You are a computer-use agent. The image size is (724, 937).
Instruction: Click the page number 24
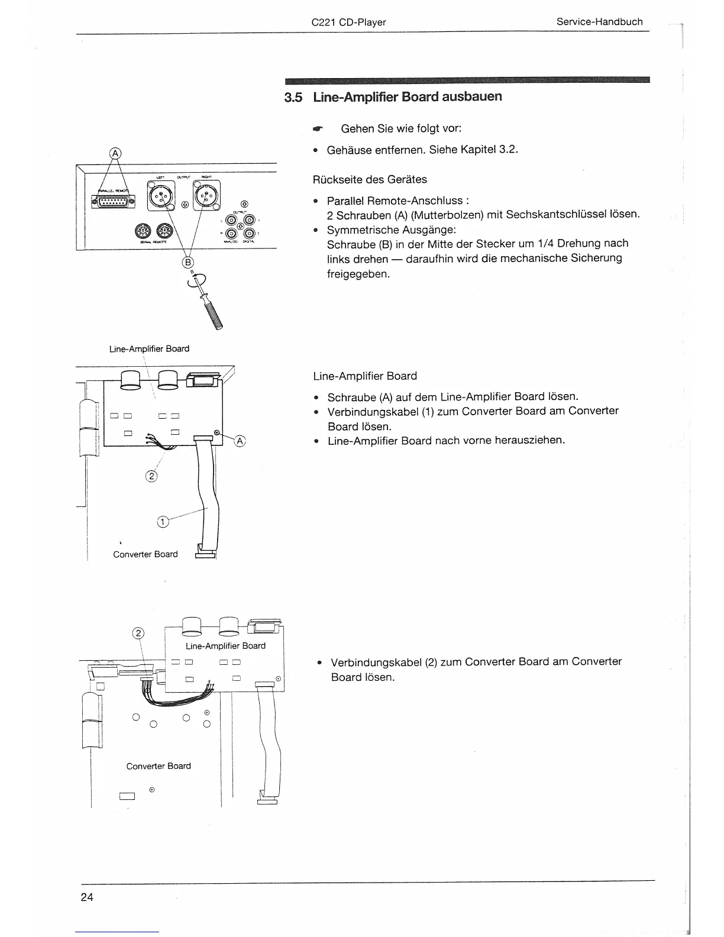(87, 897)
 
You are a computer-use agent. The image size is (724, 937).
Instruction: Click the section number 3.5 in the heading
(293, 97)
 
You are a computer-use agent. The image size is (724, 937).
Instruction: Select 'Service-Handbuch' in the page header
(599, 22)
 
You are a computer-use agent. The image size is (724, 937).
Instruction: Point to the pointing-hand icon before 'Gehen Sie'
(318, 128)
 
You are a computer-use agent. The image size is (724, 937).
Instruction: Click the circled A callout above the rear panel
(115, 153)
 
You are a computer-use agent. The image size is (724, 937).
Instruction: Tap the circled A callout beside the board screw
(240, 441)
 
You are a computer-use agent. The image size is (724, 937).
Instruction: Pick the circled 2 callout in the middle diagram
(151, 476)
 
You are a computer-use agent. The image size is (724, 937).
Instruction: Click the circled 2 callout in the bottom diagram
(138, 632)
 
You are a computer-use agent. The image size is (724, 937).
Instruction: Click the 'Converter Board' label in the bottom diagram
(159, 766)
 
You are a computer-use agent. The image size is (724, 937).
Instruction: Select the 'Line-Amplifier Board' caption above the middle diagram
(149, 349)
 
